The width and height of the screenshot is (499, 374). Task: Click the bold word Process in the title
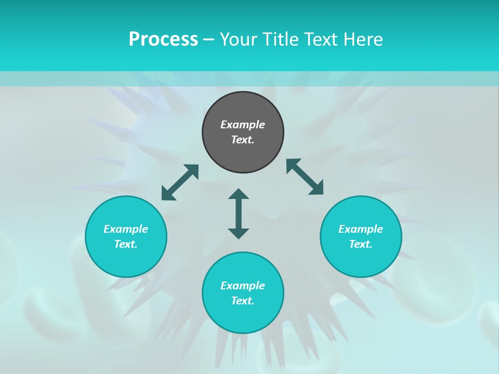[x=163, y=39]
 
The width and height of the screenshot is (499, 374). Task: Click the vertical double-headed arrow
[x=239, y=213]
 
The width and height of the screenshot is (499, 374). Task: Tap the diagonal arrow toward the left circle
[x=180, y=182]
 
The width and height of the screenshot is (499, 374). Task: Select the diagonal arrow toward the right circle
[x=305, y=177]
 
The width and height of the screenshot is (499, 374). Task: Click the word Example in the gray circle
[x=243, y=125]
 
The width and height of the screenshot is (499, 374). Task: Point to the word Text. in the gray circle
[x=243, y=140]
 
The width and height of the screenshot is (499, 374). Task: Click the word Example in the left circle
[x=126, y=229]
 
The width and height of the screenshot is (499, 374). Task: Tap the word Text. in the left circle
[x=126, y=244]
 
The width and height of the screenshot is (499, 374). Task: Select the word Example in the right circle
[x=361, y=229]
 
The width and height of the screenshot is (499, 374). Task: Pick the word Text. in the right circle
[x=361, y=244]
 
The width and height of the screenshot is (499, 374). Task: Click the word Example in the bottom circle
[x=243, y=286]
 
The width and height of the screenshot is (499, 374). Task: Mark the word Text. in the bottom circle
[x=243, y=301]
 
